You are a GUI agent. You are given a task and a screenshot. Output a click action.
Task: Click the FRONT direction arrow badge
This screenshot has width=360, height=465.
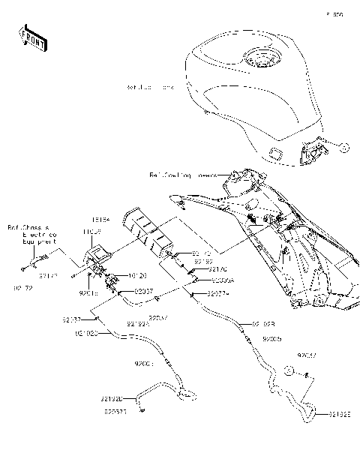(x=33, y=39)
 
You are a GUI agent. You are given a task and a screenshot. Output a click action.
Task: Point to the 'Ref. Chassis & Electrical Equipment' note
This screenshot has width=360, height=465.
(x=28, y=234)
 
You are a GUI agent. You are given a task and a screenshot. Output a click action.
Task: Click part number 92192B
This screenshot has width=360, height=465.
(x=263, y=324)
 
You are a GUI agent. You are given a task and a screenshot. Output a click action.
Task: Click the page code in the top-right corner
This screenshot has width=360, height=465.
(x=334, y=13)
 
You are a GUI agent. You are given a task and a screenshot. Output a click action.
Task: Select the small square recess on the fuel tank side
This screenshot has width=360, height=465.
(x=275, y=155)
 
